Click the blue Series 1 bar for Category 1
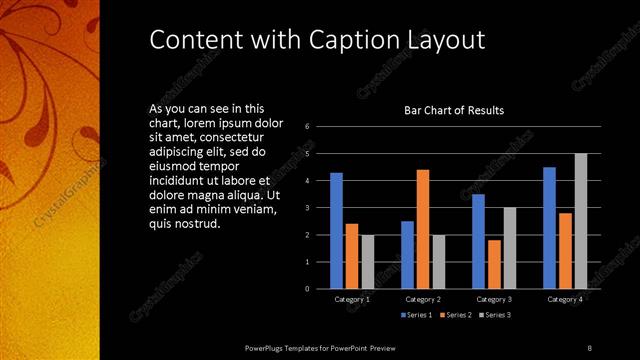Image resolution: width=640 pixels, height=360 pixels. pyautogui.click(x=336, y=230)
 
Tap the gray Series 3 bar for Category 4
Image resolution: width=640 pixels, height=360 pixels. pyautogui.click(x=581, y=220)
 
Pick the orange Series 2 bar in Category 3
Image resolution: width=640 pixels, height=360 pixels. pyautogui.click(x=494, y=264)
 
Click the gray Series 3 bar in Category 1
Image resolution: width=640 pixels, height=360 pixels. pyautogui.click(x=367, y=261)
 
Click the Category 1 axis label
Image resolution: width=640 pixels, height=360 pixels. pyautogui.click(x=352, y=299)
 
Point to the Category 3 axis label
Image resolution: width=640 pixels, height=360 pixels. pyautogui.click(x=494, y=299)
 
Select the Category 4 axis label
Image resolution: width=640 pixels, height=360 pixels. pyautogui.click(x=565, y=299)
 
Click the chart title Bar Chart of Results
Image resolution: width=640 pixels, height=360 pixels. pyautogui.click(x=453, y=110)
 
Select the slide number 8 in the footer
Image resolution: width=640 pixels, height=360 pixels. pyautogui.click(x=589, y=347)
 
